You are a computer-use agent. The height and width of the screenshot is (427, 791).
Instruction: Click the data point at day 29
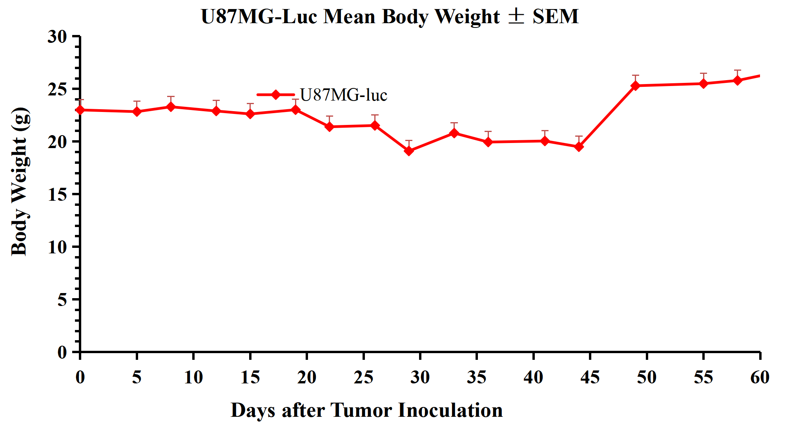click(409, 150)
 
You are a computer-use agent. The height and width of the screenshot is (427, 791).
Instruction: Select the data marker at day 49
click(636, 85)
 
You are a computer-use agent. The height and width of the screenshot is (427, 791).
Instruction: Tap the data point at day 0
click(80, 110)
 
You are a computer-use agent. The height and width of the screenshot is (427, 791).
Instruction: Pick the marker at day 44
click(579, 147)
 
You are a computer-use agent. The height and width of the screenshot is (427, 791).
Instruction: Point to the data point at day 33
click(454, 133)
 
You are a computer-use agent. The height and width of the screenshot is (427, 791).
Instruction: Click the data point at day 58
click(737, 80)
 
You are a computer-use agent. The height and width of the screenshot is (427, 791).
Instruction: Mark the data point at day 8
click(171, 106)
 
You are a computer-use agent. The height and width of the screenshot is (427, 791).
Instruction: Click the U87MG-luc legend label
click(344, 95)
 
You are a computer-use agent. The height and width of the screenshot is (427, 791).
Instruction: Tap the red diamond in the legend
click(276, 95)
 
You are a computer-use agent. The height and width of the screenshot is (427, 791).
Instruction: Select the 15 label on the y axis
click(57, 194)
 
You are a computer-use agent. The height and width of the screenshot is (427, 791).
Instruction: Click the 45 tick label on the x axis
click(590, 377)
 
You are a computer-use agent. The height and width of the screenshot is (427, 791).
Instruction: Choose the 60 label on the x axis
click(760, 377)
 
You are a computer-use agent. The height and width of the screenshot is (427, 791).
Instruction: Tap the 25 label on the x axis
click(363, 377)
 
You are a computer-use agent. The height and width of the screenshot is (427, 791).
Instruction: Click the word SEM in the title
click(556, 16)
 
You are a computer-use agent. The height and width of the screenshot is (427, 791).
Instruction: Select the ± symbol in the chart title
click(516, 16)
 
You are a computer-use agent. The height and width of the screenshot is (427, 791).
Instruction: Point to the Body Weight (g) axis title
click(20, 181)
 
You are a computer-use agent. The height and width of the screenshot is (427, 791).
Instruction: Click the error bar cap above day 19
click(295, 99)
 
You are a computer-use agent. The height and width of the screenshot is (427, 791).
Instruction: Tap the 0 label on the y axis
click(62, 352)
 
